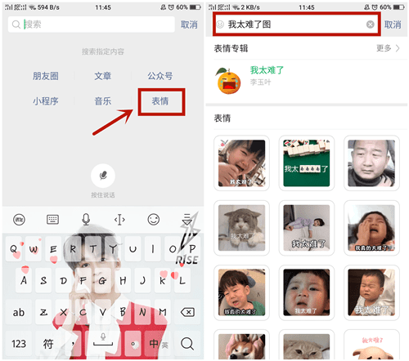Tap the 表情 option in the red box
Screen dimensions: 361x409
pos(160,102)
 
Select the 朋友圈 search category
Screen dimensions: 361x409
pos(46,76)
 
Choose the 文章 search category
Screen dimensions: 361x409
pos(103,76)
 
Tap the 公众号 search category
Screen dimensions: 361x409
pos(160,76)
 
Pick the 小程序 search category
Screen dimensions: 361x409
pos(46,102)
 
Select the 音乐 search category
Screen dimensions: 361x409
pos(103,102)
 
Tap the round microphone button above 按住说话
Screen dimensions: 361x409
pos(103,176)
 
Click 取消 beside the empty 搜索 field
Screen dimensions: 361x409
pos(189,25)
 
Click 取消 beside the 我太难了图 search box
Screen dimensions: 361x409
pos(393,25)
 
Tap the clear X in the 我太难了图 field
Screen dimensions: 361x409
pos(371,25)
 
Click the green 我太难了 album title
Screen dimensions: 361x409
pos(268,70)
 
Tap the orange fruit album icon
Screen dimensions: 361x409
pos(227,78)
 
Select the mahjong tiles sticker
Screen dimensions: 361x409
pos(305,161)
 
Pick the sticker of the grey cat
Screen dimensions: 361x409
pos(240,226)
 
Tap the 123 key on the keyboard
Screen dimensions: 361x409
pos(20,343)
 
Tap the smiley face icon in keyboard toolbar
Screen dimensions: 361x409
pos(153,219)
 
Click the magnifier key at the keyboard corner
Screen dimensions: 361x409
pos(187,343)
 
